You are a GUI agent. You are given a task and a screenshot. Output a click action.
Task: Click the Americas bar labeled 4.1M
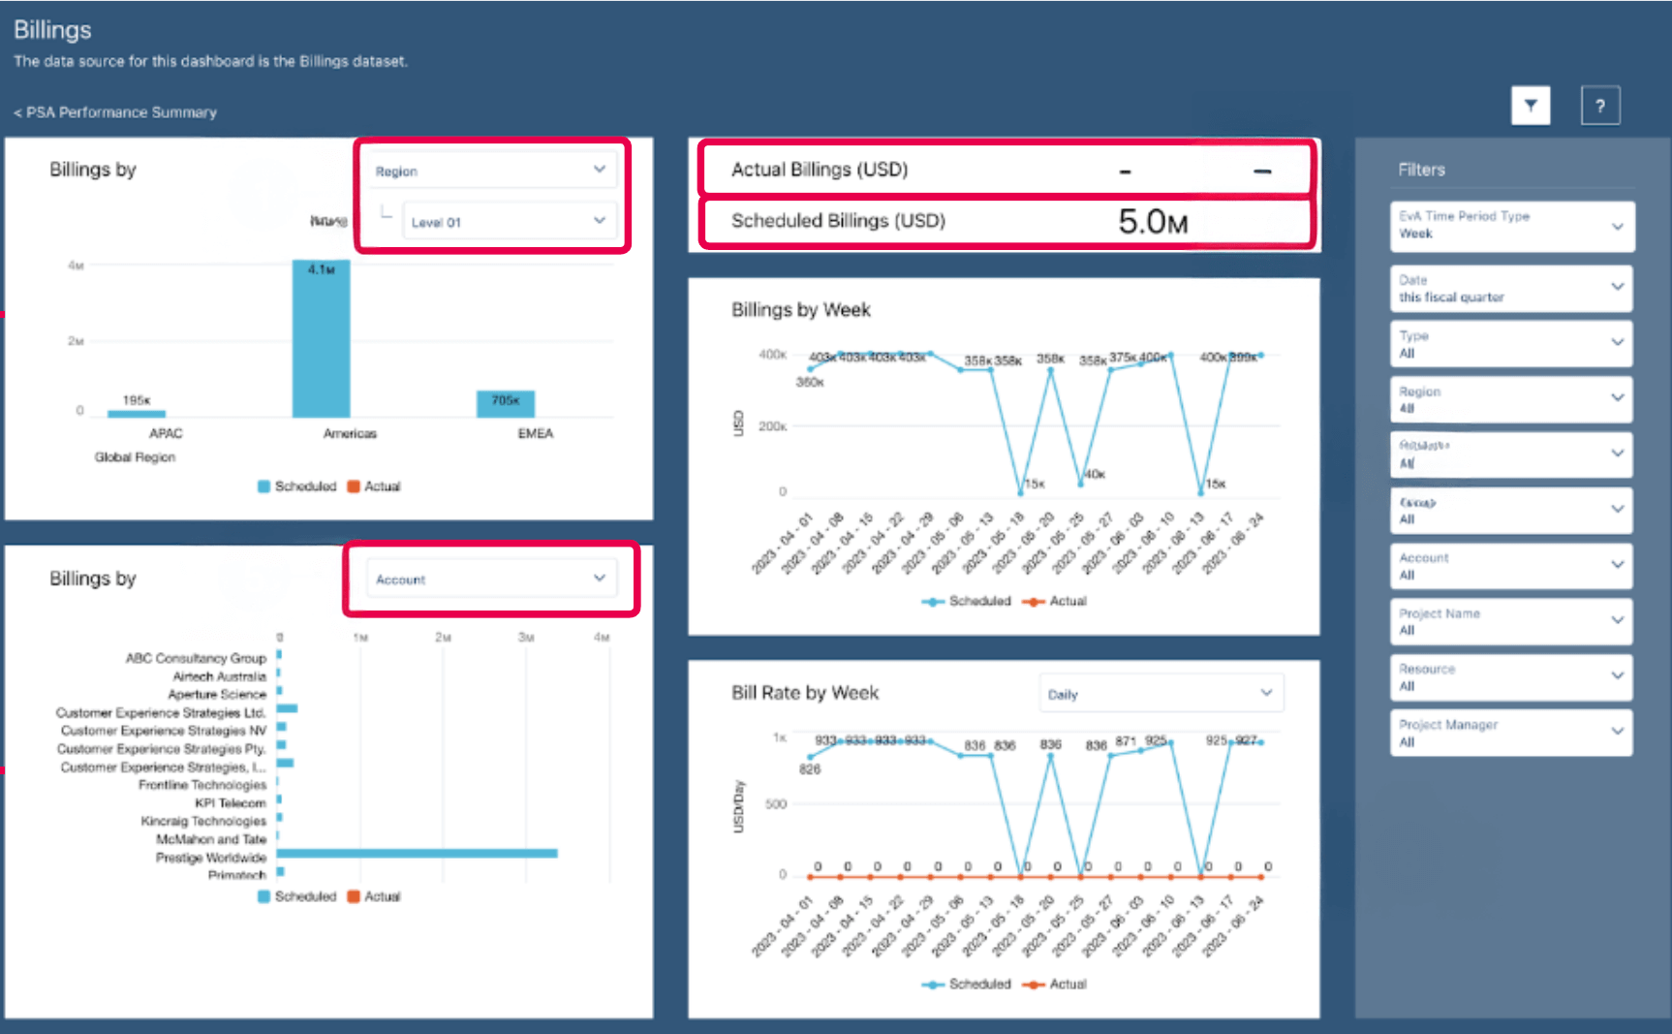(x=322, y=339)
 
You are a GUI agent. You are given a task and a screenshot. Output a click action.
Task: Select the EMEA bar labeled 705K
(x=505, y=404)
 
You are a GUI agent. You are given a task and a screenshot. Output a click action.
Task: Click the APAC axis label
(x=166, y=433)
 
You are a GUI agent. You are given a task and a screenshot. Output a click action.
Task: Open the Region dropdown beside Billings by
(x=491, y=171)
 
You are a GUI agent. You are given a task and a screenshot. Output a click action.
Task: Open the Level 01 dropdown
(x=509, y=222)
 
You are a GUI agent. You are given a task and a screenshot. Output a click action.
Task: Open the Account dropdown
(x=491, y=580)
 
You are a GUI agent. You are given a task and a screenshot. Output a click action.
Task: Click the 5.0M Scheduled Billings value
(x=1152, y=222)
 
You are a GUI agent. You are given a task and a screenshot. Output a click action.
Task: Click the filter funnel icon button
(x=1531, y=106)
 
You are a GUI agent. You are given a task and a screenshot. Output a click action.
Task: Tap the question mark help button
(x=1600, y=106)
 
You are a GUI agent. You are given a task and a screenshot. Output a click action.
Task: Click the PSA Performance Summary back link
(x=115, y=112)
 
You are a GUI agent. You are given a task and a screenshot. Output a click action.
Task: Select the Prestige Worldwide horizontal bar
(x=417, y=854)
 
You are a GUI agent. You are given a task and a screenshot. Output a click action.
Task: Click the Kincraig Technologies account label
(x=202, y=821)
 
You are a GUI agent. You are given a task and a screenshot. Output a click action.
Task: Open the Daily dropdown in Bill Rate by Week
(x=1161, y=694)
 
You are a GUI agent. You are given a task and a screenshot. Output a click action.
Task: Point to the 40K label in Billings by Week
(x=1095, y=474)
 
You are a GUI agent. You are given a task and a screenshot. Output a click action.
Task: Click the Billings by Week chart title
(x=800, y=310)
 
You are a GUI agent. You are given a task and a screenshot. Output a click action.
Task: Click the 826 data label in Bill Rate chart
(x=810, y=769)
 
